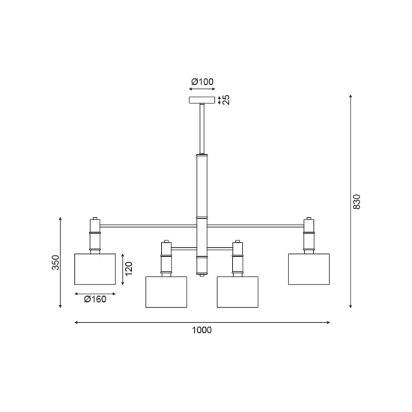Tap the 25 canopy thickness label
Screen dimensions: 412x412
pyautogui.click(x=226, y=100)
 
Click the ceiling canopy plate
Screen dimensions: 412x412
pyautogui.click(x=202, y=100)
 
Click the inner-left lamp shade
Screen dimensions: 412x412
pyautogui.click(x=166, y=292)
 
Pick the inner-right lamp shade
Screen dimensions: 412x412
pyautogui.click(x=237, y=292)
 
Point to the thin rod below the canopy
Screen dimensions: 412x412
pyautogui.click(x=202, y=128)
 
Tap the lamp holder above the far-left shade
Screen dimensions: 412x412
pyautogui.click(x=94, y=236)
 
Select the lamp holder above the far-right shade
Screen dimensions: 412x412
pyautogui.click(x=309, y=236)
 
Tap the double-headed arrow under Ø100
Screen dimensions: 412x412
pyautogui.click(x=202, y=89)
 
